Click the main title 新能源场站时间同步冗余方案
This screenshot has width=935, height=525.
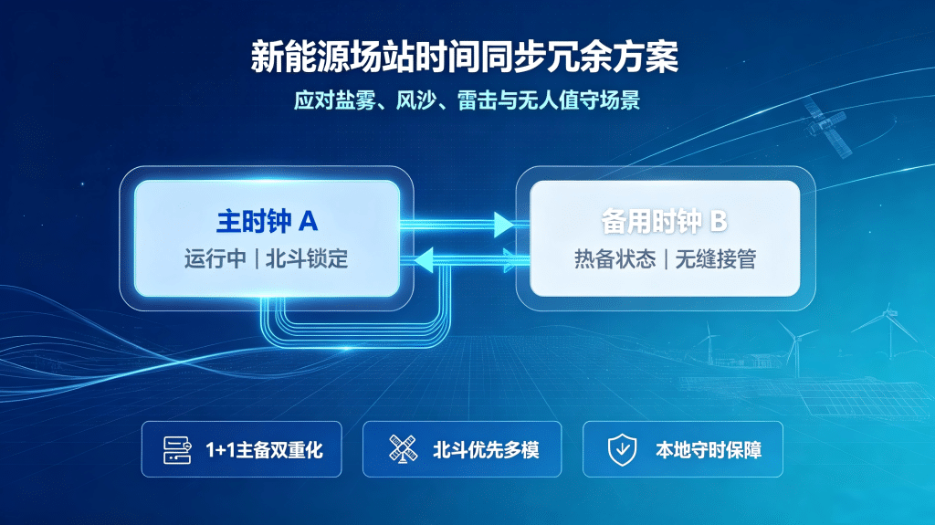[465, 58]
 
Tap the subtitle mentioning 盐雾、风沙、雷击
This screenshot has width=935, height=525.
[467, 100]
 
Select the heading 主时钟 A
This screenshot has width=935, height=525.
[268, 221]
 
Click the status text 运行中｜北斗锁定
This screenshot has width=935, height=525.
[266, 259]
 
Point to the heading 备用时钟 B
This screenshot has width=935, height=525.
[665, 221]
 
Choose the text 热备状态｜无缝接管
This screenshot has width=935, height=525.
[665, 259]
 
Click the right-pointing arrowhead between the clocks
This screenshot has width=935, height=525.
[504, 225]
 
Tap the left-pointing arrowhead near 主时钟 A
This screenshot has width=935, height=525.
[424, 261]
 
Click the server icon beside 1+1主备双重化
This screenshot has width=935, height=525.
[178, 450]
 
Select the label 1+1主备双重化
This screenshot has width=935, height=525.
[264, 450]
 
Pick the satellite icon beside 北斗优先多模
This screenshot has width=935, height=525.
[403, 448]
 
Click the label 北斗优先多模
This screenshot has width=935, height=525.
[486, 450]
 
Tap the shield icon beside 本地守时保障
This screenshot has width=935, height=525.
[622, 450]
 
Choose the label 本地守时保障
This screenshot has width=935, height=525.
[709, 450]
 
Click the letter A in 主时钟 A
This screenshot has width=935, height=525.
[309, 222]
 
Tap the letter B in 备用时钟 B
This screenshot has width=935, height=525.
[719, 222]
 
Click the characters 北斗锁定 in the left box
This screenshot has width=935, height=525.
[307, 259]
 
